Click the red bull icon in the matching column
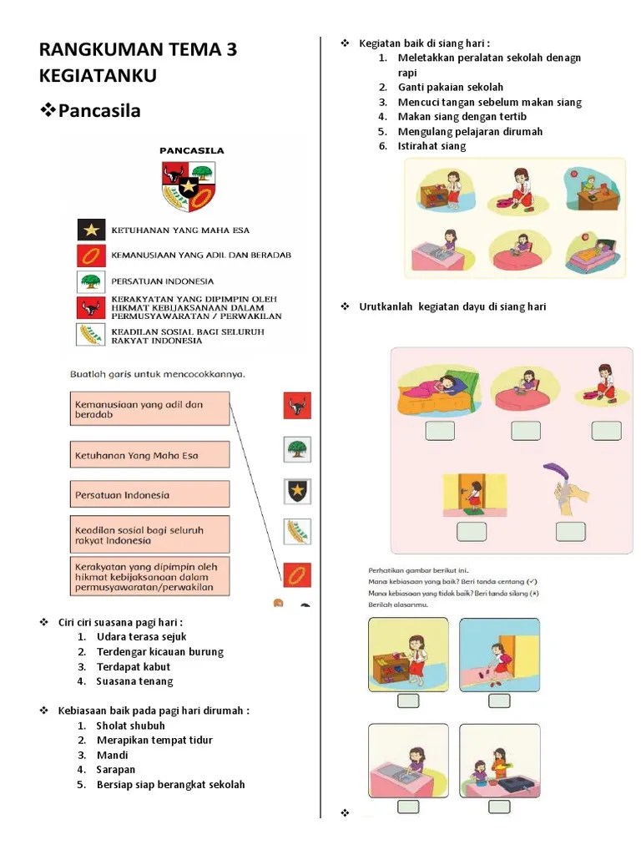(x=297, y=406)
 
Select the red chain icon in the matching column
(x=297, y=574)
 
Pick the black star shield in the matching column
(x=297, y=490)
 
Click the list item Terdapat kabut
(x=134, y=666)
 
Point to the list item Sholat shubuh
(x=131, y=726)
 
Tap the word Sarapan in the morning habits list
(x=116, y=770)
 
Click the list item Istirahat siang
(x=432, y=146)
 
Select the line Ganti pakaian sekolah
(x=451, y=87)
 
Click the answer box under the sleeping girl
(x=440, y=431)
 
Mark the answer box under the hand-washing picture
(x=571, y=532)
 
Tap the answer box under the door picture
(x=471, y=532)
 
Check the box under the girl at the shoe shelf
(x=408, y=701)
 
